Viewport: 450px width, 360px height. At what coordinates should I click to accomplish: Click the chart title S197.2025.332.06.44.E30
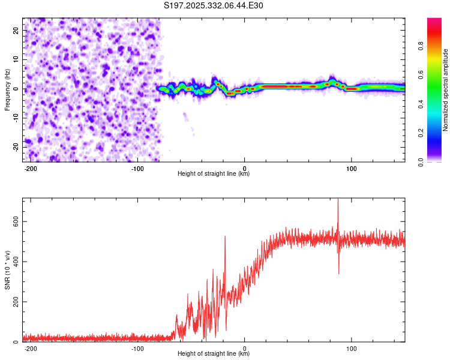click(x=214, y=5)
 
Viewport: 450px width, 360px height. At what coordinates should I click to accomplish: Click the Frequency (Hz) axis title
click(x=7, y=89)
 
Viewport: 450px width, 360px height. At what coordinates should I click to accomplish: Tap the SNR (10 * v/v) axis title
click(x=7, y=269)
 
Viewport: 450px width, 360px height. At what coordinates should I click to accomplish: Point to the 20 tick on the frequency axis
click(x=16, y=30)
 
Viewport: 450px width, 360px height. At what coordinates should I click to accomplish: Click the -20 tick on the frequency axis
click(x=15, y=148)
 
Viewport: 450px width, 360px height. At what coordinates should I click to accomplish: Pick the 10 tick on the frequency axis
click(x=16, y=59)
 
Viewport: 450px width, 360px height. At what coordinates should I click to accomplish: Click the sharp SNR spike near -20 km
click(x=225, y=238)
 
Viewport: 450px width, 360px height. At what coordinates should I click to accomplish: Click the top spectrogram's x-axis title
click(x=214, y=174)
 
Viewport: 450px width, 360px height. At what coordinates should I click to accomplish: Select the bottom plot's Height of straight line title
click(x=214, y=354)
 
